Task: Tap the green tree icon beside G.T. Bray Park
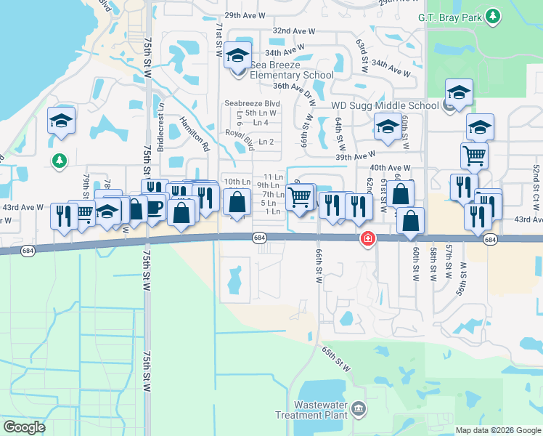(494, 15)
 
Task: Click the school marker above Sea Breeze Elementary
(237, 55)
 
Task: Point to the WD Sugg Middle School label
(385, 105)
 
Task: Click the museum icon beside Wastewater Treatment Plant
(359, 411)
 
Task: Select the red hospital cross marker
(368, 238)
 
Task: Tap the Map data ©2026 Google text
(497, 430)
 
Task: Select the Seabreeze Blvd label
(252, 103)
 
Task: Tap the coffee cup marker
(154, 206)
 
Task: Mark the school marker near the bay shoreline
(62, 121)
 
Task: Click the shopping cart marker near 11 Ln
(300, 196)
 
